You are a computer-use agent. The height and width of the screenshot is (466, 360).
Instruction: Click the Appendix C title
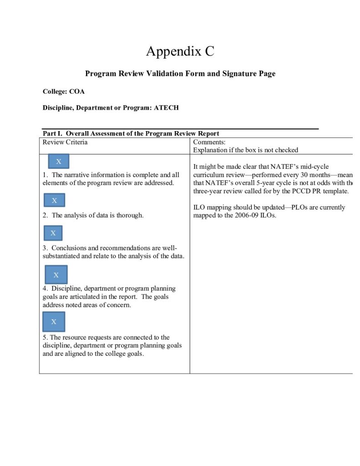[x=180, y=51]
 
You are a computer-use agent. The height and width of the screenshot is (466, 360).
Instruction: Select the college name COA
[x=77, y=91]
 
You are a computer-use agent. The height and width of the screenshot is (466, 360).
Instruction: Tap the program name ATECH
[x=166, y=108]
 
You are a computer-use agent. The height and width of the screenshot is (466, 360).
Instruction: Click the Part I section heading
[x=131, y=133]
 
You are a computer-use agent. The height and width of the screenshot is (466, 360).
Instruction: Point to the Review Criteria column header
[x=65, y=142]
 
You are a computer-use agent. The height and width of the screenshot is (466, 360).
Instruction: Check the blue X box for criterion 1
[x=58, y=162]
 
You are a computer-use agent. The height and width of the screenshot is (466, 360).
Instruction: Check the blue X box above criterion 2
[x=54, y=200]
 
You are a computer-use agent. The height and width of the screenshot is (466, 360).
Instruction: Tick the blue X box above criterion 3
[x=53, y=233]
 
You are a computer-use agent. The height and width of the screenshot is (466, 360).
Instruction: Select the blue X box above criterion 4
[x=56, y=275]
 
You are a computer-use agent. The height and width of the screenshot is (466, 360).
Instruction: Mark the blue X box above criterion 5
[x=54, y=322]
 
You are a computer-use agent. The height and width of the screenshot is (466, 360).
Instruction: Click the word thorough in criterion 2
[x=130, y=215]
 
